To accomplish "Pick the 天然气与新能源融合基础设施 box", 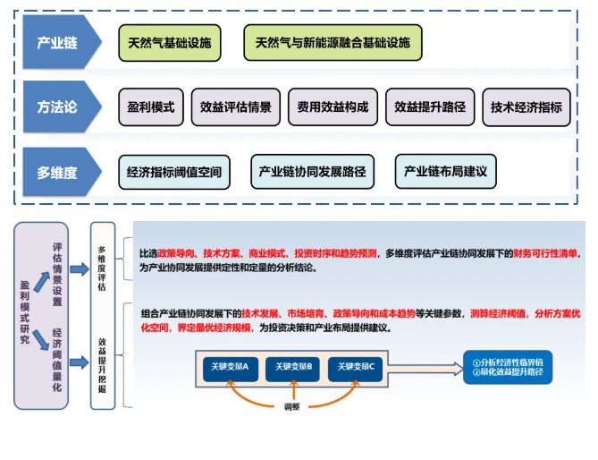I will pos(333,43).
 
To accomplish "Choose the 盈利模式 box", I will pos(151,107).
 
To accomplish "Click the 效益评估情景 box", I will pos(237,107).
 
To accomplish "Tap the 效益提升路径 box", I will pos(430,107).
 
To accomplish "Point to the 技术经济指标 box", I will pos(526,107).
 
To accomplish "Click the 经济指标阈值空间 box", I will pos(174,172).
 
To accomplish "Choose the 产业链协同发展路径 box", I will pos(312,172).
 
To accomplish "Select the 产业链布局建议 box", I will pos(445,172).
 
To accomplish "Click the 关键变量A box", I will pos(231,367).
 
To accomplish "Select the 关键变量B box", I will pos(293,367).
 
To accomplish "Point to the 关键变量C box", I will pos(357,367).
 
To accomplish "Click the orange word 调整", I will pos(294,406).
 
